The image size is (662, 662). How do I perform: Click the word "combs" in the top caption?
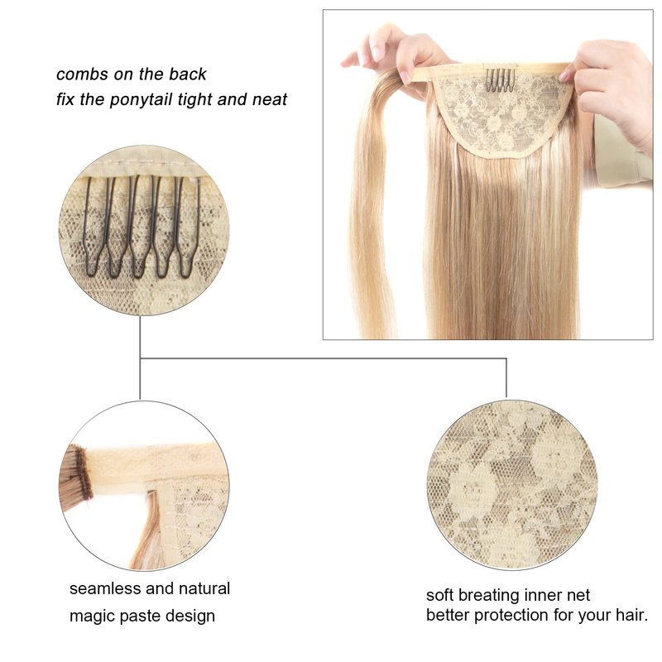82,74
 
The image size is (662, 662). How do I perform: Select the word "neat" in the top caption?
270,99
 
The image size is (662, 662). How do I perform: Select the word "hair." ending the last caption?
631,615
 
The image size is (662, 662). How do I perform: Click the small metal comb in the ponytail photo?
500,80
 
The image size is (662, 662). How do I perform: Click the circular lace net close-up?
511,485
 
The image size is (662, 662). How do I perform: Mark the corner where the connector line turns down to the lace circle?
506,359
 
